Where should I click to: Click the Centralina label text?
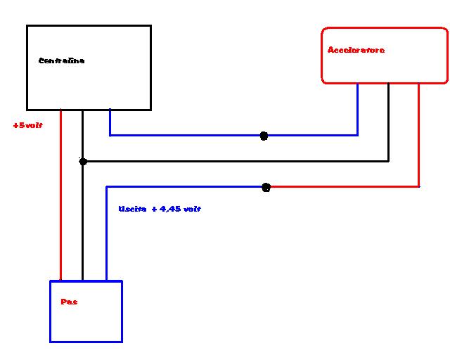click(x=61, y=61)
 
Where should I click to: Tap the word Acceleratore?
click(x=356, y=51)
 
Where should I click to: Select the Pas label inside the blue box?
click(x=69, y=302)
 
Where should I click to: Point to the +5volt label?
click(x=28, y=125)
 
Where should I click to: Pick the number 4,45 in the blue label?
click(x=169, y=210)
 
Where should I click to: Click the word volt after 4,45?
click(x=192, y=210)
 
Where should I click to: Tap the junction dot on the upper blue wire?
click(x=264, y=136)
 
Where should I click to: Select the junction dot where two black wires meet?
click(x=83, y=161)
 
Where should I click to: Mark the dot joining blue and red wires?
click(x=266, y=187)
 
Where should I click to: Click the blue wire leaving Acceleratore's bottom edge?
click(x=357, y=109)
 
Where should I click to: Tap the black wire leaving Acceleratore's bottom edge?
click(x=389, y=123)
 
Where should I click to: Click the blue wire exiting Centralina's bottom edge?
click(x=110, y=122)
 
